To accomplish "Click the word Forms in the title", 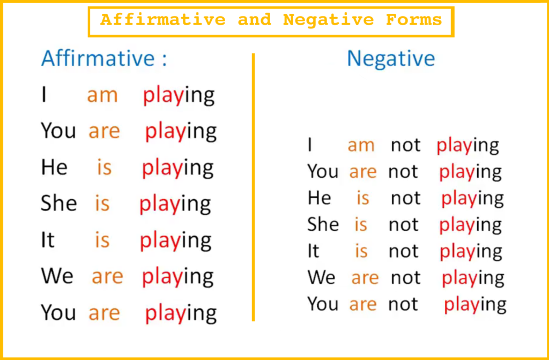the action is pos(414,20).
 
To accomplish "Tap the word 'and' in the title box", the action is pos(255,20).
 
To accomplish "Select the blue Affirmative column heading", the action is pos(104,58).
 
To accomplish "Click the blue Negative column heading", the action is pos(391,58).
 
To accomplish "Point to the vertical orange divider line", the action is pos(253,187).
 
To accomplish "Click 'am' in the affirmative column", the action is pos(102,95).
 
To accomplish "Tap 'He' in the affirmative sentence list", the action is pos(54,167).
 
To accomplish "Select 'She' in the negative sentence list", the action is pos(323,224).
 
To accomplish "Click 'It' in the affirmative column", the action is pos(48,240).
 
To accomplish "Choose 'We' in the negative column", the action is pos(321,277).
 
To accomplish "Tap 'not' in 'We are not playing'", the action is pos(405,278).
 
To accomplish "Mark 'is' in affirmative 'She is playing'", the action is pos(102,203).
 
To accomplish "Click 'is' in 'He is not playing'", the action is pos(363,198).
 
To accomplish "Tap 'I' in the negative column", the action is pos(309,145).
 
